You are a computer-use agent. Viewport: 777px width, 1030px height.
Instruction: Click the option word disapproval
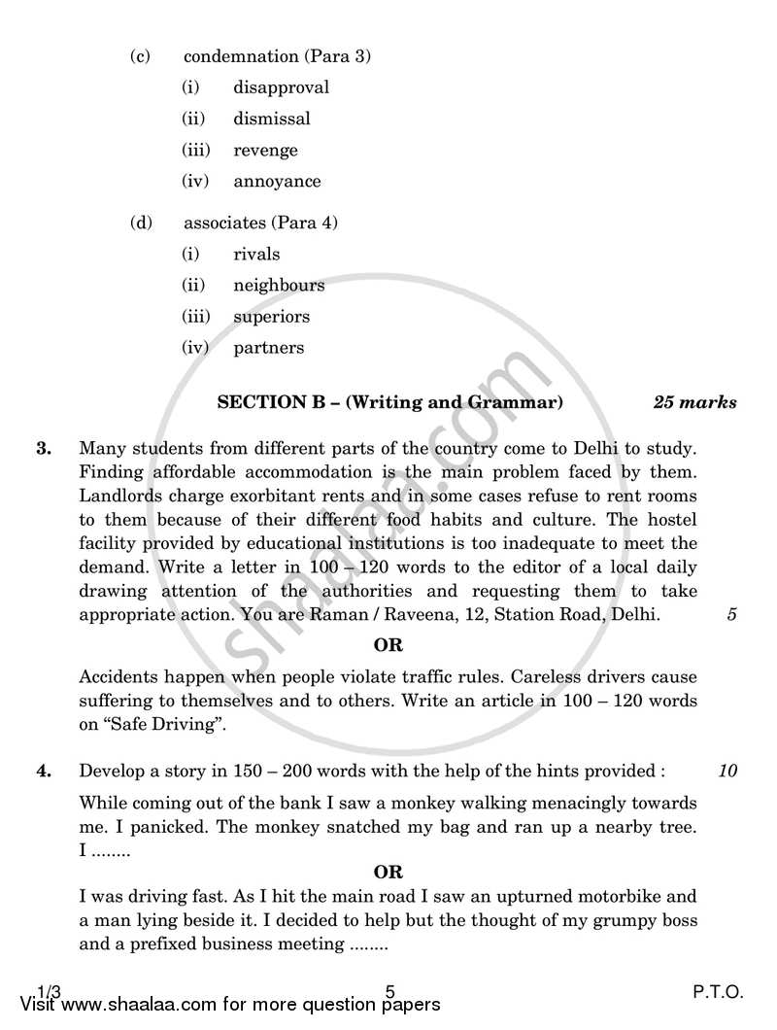(x=281, y=87)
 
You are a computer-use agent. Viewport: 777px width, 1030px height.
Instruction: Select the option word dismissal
(x=272, y=119)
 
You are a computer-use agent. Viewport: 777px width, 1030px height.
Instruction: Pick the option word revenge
(x=265, y=150)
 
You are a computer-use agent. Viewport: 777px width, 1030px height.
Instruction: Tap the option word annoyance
(x=277, y=181)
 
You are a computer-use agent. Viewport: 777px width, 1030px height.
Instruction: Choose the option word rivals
(x=256, y=255)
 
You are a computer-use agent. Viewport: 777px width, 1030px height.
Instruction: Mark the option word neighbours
(x=279, y=286)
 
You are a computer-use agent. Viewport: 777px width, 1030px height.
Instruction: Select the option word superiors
(x=272, y=317)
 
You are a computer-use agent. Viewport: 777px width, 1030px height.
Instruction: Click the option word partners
(x=268, y=348)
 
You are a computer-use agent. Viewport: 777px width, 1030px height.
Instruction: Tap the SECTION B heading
(x=389, y=401)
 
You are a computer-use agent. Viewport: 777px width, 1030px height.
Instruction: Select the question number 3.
(x=43, y=449)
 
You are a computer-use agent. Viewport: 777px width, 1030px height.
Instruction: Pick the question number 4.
(x=43, y=772)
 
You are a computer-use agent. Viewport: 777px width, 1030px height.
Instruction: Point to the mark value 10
(x=727, y=772)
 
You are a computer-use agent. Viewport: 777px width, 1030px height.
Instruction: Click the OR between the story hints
(x=388, y=873)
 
